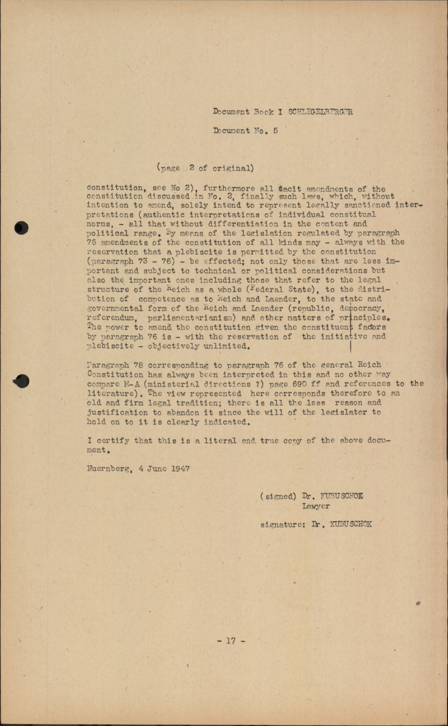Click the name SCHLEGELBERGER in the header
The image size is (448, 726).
tap(320, 112)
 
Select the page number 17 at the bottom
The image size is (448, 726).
tap(231, 641)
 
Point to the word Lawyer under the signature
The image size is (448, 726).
tap(316, 506)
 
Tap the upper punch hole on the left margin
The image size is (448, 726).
tap(22, 227)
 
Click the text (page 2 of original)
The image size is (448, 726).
tap(205, 168)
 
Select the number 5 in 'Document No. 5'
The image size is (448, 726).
tap(275, 131)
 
